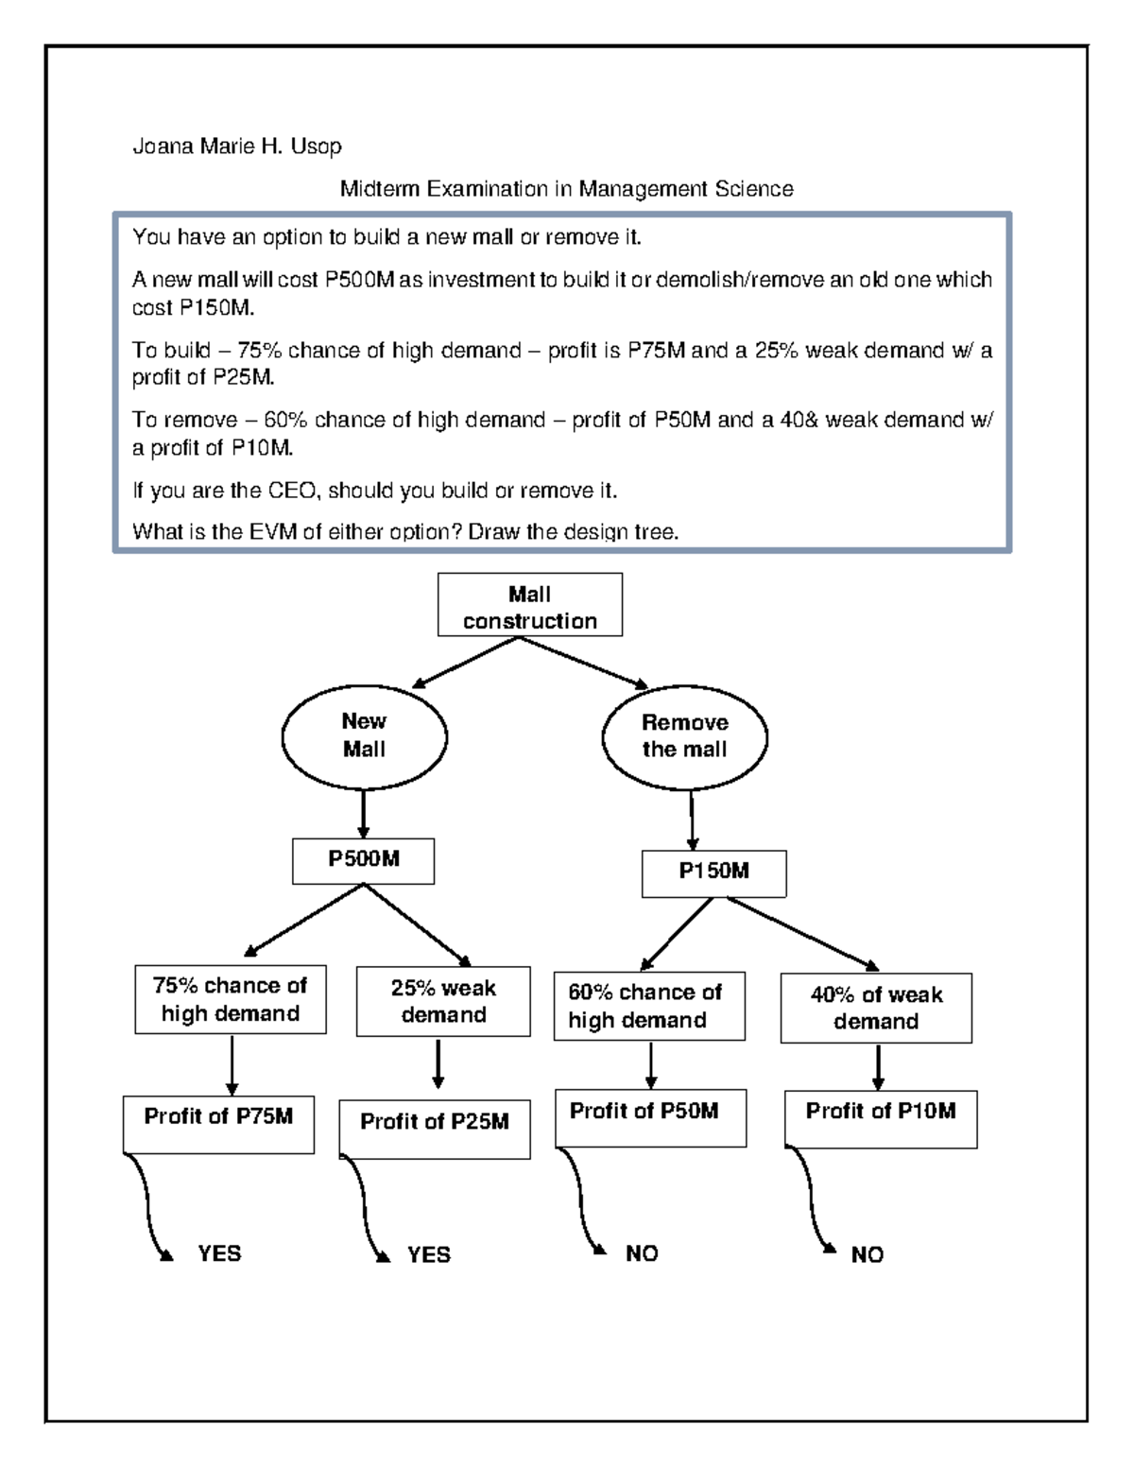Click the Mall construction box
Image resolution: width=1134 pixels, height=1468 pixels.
point(530,605)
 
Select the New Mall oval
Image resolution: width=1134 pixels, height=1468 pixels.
point(364,735)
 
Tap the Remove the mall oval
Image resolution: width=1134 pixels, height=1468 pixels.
point(685,736)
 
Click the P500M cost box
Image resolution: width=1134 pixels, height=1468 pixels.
point(364,860)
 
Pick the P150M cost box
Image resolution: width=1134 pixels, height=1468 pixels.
point(713,872)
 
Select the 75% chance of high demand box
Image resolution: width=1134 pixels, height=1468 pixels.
point(231,1000)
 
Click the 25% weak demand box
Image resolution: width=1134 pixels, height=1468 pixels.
point(443,1002)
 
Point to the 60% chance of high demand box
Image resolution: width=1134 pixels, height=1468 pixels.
point(648,1007)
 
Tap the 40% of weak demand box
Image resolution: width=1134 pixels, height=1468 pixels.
point(876,1009)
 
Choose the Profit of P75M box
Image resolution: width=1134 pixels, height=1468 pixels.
point(218,1124)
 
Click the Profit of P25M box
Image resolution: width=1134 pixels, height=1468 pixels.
point(435,1129)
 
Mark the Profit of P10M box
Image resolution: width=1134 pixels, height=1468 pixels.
point(881,1119)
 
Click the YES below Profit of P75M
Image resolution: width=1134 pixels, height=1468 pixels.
point(219,1254)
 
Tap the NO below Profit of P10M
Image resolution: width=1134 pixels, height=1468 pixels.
point(867,1255)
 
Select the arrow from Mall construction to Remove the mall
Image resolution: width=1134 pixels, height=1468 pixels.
point(583,662)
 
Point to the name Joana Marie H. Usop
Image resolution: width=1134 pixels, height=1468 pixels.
point(236,147)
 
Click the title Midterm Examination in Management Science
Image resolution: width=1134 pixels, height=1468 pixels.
point(566,189)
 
